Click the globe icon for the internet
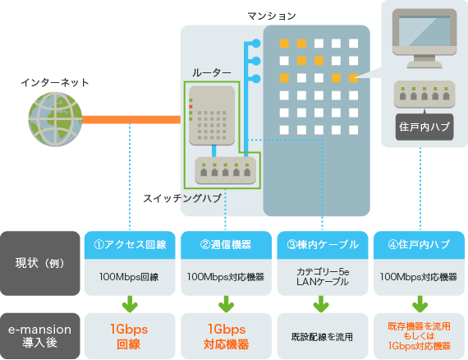[55, 119]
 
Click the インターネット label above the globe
[55, 82]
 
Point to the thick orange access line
[131, 119]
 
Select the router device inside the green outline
[212, 116]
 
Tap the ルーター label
[212, 72]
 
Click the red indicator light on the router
[190, 107]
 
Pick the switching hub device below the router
[225, 170]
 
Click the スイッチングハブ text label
[182, 198]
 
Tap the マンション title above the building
[272, 16]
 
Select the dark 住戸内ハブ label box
[424, 127]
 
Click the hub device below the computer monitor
[424, 94]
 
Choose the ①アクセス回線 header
[130, 245]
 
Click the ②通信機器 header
[226, 245]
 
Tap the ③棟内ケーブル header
[323, 245]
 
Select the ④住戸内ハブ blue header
[419, 245]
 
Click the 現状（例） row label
[40, 263]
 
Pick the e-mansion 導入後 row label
[40, 336]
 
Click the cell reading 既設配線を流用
[323, 336]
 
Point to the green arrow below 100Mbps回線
[130, 304]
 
